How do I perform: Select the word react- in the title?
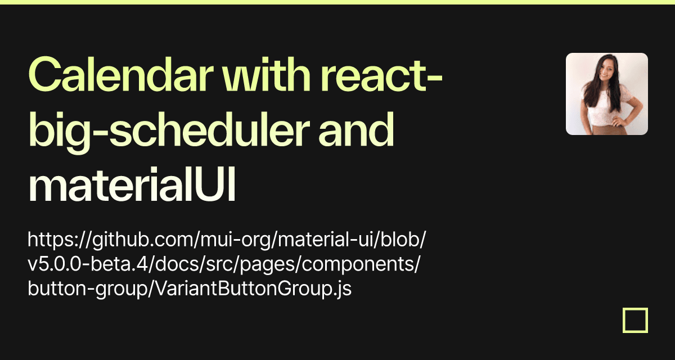pos(381,75)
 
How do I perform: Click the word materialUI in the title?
pos(132,184)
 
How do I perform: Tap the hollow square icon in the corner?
pos(635,320)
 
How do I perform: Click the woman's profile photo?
pos(607,94)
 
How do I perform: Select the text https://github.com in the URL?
pos(111,240)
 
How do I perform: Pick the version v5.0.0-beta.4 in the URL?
pos(85,264)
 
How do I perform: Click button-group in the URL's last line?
pos(87,289)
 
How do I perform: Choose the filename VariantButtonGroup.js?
pos(254,289)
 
